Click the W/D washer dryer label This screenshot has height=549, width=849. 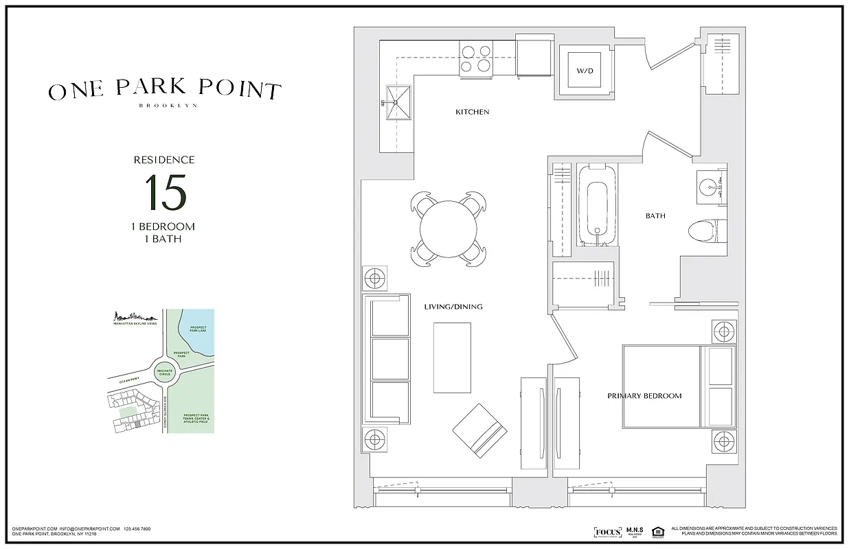click(584, 71)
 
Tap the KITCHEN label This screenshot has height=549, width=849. click(472, 112)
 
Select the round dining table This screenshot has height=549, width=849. click(449, 229)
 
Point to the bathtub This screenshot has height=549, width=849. click(596, 204)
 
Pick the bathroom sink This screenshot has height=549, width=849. click(711, 185)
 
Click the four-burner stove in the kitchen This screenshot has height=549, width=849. click(475, 58)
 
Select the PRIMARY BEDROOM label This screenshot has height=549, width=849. click(644, 396)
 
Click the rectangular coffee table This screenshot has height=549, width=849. click(452, 358)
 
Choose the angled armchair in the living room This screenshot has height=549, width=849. click(479, 430)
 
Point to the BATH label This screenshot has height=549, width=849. click(655, 216)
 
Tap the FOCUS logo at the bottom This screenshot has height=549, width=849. click(607, 532)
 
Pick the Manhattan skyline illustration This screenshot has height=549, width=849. click(135, 317)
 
